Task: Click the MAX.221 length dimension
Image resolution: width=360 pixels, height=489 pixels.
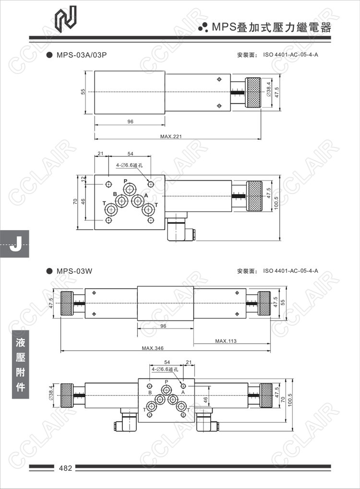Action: [171, 136]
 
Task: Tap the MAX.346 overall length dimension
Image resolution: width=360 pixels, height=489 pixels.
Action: [153, 348]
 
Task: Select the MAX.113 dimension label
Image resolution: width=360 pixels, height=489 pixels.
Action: [226, 341]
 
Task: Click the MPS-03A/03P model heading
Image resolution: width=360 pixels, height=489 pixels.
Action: [81, 55]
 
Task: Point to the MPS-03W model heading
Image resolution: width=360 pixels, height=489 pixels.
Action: [74, 271]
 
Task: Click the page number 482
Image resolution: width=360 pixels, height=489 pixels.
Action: [65, 468]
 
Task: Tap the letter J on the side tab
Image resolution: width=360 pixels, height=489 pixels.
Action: [15, 244]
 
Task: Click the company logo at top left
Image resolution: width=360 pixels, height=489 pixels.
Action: [65, 19]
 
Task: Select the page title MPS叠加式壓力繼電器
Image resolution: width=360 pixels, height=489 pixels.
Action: [271, 27]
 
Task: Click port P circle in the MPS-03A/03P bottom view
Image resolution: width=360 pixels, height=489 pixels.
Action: [129, 189]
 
